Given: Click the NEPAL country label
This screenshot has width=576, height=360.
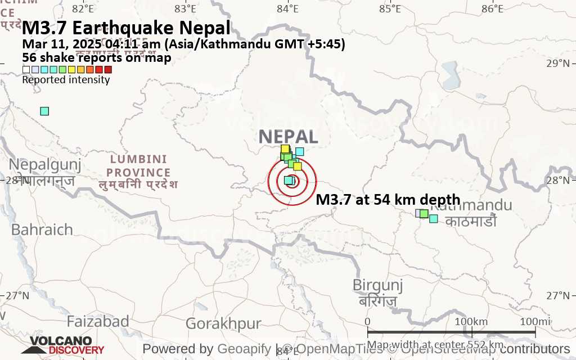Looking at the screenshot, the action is (289, 137).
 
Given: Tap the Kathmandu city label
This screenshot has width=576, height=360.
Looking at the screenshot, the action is (471, 206).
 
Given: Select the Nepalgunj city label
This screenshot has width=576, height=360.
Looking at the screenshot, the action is (45, 165).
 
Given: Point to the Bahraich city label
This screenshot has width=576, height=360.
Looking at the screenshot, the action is (42, 229).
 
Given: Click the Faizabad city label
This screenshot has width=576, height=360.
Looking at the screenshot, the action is (98, 322).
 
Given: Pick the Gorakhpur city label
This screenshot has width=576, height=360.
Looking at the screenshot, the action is (223, 324).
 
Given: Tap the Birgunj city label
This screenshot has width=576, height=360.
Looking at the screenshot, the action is (377, 285).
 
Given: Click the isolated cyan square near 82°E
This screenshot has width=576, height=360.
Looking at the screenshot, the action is (44, 111).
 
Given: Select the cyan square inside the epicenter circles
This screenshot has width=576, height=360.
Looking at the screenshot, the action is (289, 180).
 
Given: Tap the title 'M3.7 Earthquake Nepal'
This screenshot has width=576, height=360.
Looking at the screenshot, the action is (126, 28).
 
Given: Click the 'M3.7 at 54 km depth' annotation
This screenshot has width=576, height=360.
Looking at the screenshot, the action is (388, 200).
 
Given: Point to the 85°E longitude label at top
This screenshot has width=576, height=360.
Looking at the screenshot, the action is (390, 8).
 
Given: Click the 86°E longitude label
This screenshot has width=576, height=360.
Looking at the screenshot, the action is (492, 8).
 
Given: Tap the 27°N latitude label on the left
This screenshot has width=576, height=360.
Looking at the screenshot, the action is (17, 295).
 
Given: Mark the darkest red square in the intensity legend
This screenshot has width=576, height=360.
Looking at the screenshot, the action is (109, 70).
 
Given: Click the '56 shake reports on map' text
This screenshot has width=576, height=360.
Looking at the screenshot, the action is (96, 57).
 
